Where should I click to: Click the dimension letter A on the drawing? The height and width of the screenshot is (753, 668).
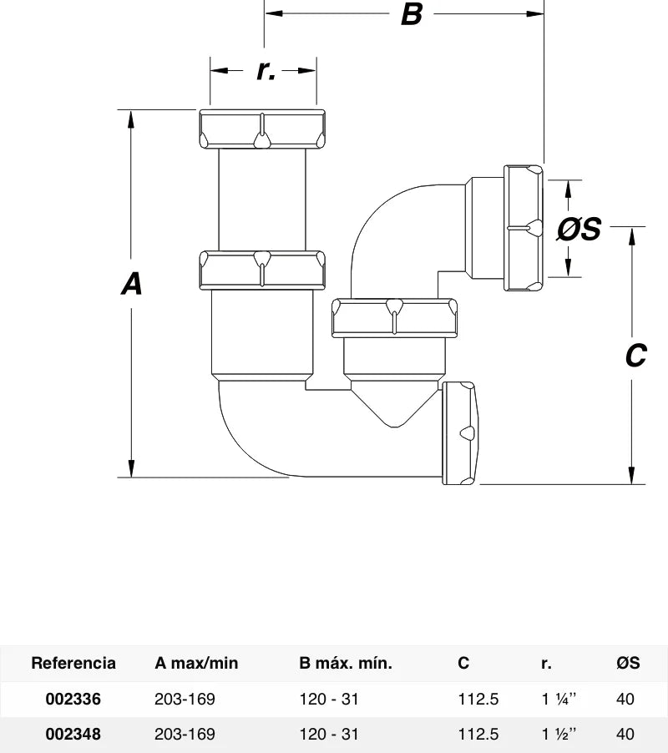coord(132,284)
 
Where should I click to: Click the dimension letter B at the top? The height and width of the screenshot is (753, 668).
coord(412,14)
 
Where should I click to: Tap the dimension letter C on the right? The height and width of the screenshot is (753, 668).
coord(635,356)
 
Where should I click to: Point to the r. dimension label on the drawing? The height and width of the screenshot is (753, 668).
coord(266,70)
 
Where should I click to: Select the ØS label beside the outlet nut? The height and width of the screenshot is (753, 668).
coord(579,229)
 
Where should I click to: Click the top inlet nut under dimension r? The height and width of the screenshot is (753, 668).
coord(262,129)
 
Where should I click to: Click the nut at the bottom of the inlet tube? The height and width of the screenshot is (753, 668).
coord(262,270)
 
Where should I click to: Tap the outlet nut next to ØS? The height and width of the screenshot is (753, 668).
coord(524,228)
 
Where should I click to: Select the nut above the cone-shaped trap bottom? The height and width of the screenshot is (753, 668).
coord(394,318)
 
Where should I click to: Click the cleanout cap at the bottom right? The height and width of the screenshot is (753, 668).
coord(459,433)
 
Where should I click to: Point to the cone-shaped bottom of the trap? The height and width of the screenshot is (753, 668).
coord(394,402)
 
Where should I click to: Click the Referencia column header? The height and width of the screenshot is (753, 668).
coord(73,663)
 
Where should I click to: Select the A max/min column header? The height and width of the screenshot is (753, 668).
coord(196,663)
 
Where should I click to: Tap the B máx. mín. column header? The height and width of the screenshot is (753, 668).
coord(346,663)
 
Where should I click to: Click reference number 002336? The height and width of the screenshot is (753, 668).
coord(73,699)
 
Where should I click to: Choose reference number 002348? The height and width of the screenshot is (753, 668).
coord(73,734)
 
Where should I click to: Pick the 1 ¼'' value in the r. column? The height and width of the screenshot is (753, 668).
coord(559,699)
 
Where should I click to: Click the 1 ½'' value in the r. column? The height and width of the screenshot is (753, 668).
coord(559,734)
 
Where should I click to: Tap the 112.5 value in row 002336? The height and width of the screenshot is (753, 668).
coord(478,699)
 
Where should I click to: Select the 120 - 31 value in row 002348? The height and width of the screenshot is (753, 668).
coord(329,734)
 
